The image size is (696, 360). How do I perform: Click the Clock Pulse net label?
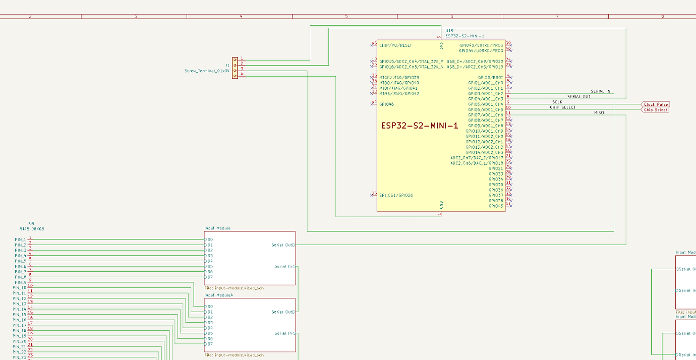pos(656,104)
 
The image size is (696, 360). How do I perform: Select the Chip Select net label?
pos(656,110)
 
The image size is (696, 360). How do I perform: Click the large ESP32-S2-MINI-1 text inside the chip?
pos(420,126)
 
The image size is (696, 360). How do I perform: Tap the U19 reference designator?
pos(449,31)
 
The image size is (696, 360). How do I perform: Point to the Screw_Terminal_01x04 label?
pos(207,71)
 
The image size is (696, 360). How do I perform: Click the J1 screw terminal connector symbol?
pos(235,68)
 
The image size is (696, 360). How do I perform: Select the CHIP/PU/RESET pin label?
pos(395,45)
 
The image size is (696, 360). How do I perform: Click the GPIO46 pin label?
pos(386,104)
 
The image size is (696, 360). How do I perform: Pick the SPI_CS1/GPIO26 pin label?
pos(396,195)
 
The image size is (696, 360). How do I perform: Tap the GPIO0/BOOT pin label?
pos(490,77)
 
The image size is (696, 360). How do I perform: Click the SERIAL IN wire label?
pos(600,91)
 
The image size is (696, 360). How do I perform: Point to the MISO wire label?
pos(599,112)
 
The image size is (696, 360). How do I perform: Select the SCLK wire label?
pos(557,102)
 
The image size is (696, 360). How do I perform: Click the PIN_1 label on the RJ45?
pos(20,239)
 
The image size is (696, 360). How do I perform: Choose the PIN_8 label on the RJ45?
pos(20,277)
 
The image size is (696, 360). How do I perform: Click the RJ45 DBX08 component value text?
pos(32,228)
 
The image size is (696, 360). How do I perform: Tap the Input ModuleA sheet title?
pos(218,295)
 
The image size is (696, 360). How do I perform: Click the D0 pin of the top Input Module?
pos(209,239)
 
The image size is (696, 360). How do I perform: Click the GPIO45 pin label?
pos(495,206)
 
